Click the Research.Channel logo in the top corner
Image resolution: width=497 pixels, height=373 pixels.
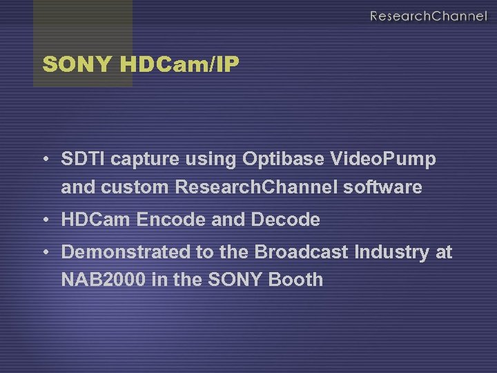pos(428,16)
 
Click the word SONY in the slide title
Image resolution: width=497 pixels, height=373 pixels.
pos(77,65)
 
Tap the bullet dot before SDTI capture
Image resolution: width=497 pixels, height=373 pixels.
pos(44,160)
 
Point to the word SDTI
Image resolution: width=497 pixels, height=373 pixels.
pos(84,160)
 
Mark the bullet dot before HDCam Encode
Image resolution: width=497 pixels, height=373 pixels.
pos(44,220)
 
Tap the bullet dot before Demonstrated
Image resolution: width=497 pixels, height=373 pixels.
pos(44,252)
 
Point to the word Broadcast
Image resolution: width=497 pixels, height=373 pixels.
pos(302,252)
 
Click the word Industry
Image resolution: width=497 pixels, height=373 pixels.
pos(391,252)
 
